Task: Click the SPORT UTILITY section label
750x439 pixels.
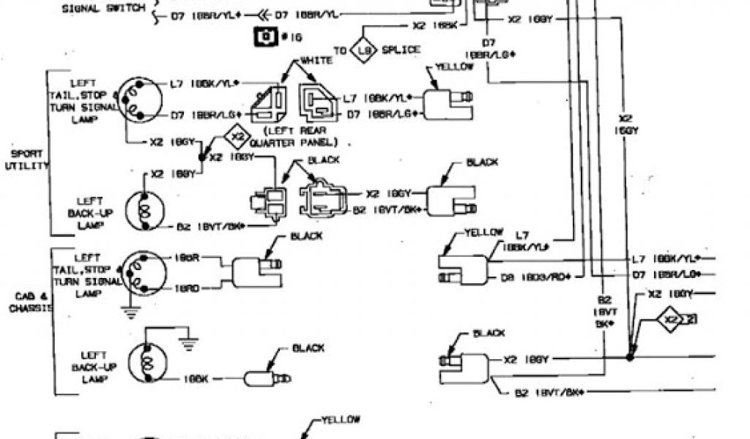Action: [x=26, y=160]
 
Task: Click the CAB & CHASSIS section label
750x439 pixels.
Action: [x=28, y=302]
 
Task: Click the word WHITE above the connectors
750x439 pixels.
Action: [x=316, y=61]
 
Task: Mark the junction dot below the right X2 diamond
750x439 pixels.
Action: [x=629, y=357]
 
